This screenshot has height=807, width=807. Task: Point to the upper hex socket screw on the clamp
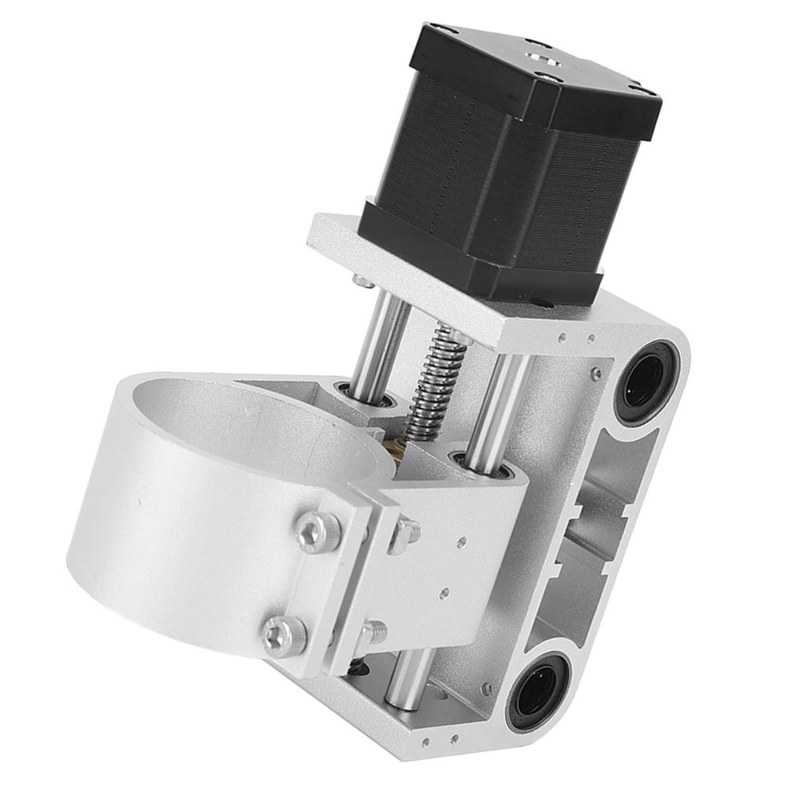pyautogui.click(x=318, y=533)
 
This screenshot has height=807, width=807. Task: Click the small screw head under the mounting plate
pyautogui.click(x=362, y=281)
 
